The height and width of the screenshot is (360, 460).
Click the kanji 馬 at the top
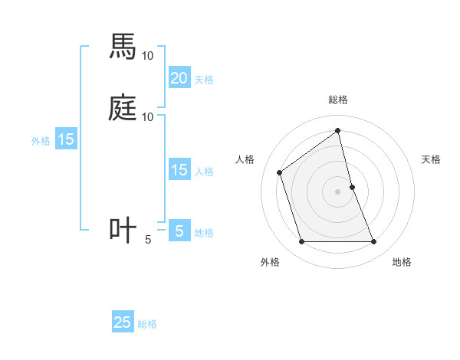[x=123, y=47]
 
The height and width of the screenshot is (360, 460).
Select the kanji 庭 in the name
[x=123, y=108]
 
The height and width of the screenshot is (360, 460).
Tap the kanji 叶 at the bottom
[x=123, y=231]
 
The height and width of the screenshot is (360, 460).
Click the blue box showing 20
[x=179, y=77]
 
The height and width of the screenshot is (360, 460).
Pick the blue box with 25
[x=123, y=322]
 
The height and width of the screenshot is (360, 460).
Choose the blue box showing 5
[x=179, y=231]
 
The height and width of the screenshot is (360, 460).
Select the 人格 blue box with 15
[x=179, y=170]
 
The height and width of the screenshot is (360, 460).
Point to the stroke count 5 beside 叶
[x=148, y=240]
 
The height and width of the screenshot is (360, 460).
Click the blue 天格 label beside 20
[x=204, y=79]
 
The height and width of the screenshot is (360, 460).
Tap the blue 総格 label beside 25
[x=147, y=324]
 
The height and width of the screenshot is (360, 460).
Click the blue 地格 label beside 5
[x=204, y=233]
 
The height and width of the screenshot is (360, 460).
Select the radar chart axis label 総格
[x=337, y=100]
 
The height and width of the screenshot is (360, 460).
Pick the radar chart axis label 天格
[x=431, y=159]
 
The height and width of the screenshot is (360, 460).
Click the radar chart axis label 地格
[x=402, y=263]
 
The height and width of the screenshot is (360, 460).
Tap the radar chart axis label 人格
[x=245, y=159]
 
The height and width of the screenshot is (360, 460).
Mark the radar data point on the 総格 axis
[x=337, y=130]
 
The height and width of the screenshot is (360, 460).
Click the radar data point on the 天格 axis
[x=352, y=186]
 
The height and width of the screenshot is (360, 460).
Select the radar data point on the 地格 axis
[x=373, y=242]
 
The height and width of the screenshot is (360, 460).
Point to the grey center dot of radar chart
[x=337, y=191]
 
